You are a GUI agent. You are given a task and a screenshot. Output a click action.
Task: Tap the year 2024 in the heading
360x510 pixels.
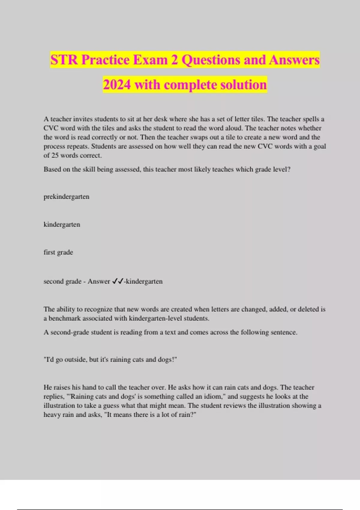117,85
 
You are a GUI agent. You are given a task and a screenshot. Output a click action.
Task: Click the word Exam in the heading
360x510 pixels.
150,60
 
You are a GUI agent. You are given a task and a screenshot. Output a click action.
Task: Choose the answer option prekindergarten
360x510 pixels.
66,197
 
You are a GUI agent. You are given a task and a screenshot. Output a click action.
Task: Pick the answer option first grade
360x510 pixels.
58,252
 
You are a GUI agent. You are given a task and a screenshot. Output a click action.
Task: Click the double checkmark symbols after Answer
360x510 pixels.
118,281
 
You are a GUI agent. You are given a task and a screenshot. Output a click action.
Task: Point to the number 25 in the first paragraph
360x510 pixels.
55,155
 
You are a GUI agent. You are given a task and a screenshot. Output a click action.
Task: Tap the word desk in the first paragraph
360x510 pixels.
160,119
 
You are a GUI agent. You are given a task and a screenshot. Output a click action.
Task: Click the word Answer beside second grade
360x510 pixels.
99,281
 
